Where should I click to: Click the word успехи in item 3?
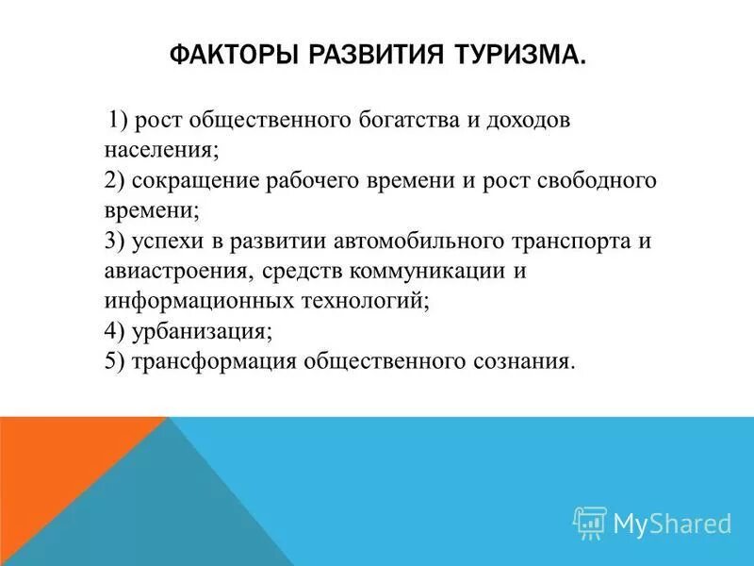tap(164, 241)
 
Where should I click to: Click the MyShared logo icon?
tap(590, 522)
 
